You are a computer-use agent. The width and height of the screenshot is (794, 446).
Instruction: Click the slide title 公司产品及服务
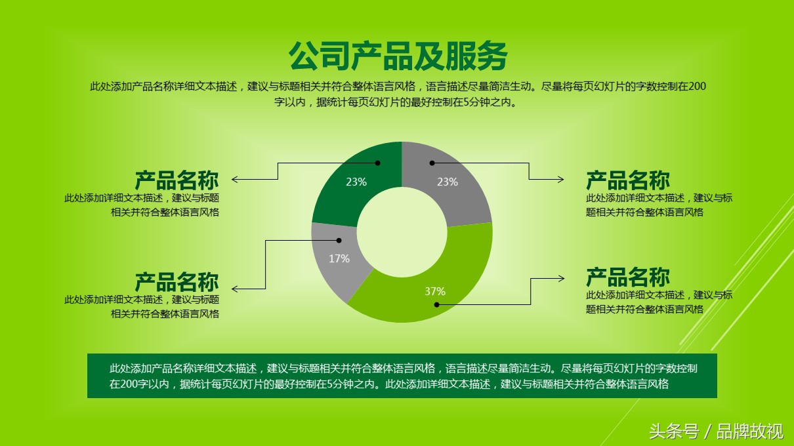(x=398, y=56)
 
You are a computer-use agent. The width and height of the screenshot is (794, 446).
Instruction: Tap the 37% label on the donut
(x=435, y=291)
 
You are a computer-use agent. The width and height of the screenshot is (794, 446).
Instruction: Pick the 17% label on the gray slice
(x=339, y=258)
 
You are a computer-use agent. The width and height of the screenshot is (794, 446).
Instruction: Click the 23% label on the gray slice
(x=448, y=182)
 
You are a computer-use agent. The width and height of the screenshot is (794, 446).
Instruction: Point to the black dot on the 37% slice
(x=437, y=304)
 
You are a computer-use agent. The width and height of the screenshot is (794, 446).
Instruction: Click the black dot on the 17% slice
(x=339, y=241)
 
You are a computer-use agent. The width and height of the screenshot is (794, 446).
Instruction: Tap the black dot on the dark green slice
(x=377, y=163)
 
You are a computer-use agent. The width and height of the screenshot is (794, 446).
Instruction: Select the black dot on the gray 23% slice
(x=432, y=163)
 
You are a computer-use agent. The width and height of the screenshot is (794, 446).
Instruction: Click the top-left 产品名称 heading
(x=177, y=180)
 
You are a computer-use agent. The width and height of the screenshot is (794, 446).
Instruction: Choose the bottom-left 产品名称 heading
(x=177, y=282)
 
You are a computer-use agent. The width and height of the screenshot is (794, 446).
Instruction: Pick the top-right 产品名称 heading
(x=628, y=180)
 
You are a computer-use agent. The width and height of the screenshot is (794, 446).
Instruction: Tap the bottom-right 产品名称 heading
(x=628, y=277)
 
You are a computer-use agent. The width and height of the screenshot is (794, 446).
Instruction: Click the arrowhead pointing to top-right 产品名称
(x=561, y=179)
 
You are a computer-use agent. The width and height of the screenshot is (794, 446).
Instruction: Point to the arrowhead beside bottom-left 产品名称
(x=235, y=289)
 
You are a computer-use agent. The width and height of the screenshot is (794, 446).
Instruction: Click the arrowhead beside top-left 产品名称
(x=235, y=179)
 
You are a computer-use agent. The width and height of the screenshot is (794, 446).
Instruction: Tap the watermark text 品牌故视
(x=749, y=432)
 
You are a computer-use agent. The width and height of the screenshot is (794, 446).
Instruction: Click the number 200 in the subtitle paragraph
(x=697, y=87)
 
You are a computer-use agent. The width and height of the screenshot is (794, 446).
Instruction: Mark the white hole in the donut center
(x=402, y=232)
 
